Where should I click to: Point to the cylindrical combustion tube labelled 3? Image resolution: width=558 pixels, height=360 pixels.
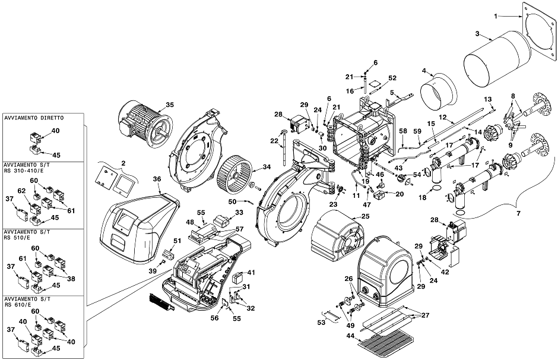pos(497,59)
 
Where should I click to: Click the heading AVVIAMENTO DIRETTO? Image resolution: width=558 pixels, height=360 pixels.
pos(34,118)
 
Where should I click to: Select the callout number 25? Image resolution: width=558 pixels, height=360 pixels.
pos(365,216)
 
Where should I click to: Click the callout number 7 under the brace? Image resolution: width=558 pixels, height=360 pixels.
pos(518,213)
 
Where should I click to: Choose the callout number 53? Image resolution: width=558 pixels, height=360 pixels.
pos(321,322)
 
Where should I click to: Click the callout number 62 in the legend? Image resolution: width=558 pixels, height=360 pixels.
pos(22,191)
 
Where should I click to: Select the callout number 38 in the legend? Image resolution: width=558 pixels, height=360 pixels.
pos(71,279)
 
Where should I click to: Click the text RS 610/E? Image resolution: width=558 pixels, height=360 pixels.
pos(18,305)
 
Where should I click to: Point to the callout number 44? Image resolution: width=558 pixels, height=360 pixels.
pos(349,335)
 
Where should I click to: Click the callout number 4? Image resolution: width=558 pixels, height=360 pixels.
pos(424,71)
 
